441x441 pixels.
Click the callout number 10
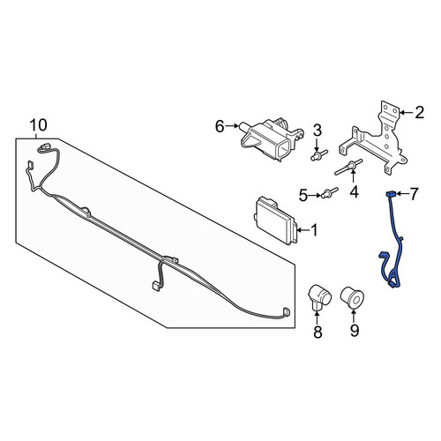pyautogui.click(x=39, y=125)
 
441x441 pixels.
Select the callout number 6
pyautogui.click(x=220, y=126)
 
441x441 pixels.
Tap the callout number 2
pyautogui.click(x=420, y=112)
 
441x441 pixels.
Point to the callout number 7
pyautogui.click(x=414, y=194)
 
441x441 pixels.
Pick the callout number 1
pyautogui.click(x=314, y=230)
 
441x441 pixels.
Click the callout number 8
pyautogui.click(x=318, y=332)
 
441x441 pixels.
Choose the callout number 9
pyautogui.click(x=355, y=331)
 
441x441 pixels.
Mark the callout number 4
pyautogui.click(x=355, y=191)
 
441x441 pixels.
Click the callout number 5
pyautogui.click(x=303, y=195)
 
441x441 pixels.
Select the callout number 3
pyautogui.click(x=318, y=131)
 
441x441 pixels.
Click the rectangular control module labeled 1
pyautogui.click(x=275, y=220)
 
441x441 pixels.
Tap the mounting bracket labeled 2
pyautogui.click(x=374, y=138)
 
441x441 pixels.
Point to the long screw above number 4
pyautogui.click(x=348, y=167)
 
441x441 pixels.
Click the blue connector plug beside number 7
pyautogui.click(x=390, y=194)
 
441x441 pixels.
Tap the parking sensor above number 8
pyautogui.click(x=318, y=296)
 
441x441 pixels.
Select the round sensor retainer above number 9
pyautogui.click(x=352, y=296)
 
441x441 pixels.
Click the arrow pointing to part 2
pyautogui.click(x=407, y=113)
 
